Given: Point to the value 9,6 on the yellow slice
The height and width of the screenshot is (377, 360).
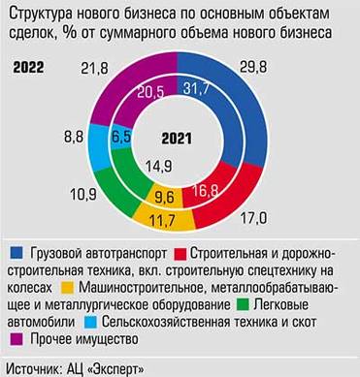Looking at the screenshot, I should (165, 199).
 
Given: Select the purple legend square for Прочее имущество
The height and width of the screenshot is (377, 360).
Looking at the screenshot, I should (16, 339).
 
